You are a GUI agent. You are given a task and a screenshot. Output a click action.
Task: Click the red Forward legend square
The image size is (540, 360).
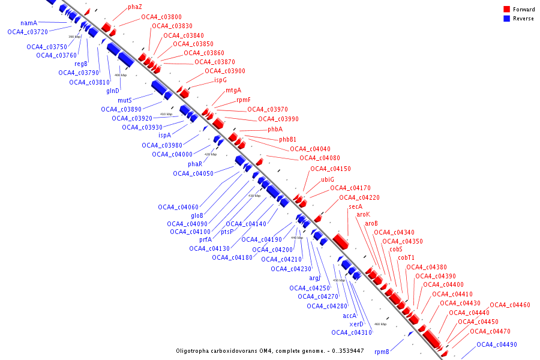click(x=506, y=9)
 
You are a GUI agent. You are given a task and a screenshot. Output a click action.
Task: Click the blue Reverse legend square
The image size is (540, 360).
click(x=506, y=18)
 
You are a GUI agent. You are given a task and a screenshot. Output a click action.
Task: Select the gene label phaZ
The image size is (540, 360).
click(x=135, y=7)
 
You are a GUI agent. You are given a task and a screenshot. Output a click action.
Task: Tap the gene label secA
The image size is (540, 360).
click(x=355, y=206)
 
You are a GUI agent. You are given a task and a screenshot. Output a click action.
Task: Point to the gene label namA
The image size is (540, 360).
click(x=29, y=23)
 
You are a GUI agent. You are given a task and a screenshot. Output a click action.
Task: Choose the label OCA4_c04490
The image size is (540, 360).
click(x=497, y=344)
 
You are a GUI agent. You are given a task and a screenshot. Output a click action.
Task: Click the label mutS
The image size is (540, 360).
click(x=124, y=100)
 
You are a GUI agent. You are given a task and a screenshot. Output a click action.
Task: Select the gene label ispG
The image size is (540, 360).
click(x=221, y=80)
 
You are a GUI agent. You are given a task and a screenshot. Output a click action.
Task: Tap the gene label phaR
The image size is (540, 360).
click(x=195, y=164)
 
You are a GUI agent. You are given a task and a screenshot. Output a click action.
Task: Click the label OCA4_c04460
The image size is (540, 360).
click(x=510, y=305)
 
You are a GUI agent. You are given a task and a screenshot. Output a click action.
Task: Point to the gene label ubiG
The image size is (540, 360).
click(x=328, y=179)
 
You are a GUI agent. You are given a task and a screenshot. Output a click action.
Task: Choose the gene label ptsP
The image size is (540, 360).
click(x=227, y=231)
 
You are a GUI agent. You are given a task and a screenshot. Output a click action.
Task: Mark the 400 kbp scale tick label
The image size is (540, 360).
click(x=121, y=75)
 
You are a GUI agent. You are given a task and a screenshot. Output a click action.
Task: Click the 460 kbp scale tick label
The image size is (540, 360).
click(x=380, y=324)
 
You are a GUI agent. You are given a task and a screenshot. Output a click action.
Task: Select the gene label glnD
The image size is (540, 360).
click(x=113, y=91)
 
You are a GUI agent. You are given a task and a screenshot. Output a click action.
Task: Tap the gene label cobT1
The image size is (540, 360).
click(x=406, y=258)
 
